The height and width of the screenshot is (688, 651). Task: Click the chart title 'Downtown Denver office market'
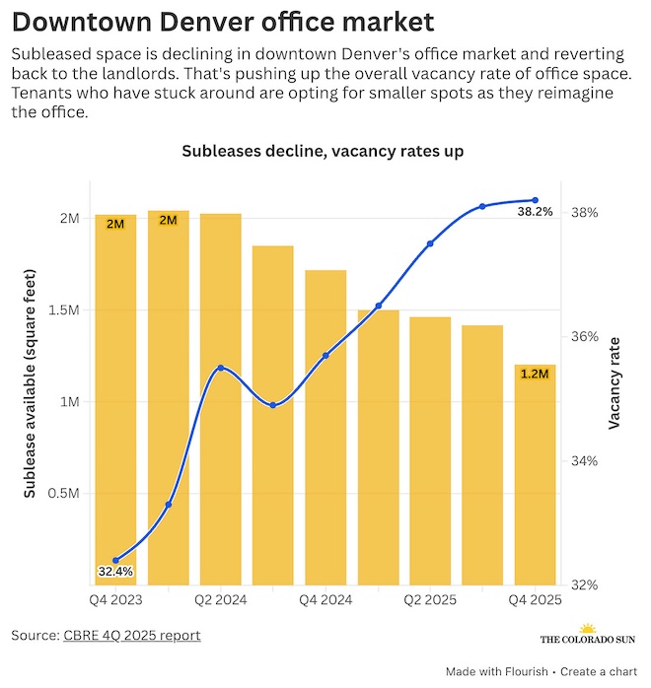point(223,21)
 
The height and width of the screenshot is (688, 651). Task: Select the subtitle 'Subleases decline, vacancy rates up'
point(323,151)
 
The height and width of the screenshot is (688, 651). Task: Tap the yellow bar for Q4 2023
point(115,394)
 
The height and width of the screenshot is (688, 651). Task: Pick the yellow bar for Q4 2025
point(535,473)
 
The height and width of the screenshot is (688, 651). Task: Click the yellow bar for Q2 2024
point(220,394)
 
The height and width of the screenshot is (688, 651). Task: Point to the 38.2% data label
point(536,211)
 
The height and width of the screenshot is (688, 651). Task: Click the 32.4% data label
point(115,571)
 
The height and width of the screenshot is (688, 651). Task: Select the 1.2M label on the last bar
point(535,374)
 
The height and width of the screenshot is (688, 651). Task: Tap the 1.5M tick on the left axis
point(64,310)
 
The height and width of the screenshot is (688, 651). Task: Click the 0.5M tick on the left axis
point(64,494)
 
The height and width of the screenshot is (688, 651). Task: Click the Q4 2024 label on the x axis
point(325,599)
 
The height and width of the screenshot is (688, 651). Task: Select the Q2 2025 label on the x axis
point(430,599)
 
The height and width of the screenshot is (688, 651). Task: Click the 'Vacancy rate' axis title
point(615,382)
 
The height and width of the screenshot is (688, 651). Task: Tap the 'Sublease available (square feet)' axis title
point(29,382)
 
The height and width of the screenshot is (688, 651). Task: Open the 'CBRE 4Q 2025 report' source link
point(132,636)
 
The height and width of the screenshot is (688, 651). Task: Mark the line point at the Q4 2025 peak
point(535,200)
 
